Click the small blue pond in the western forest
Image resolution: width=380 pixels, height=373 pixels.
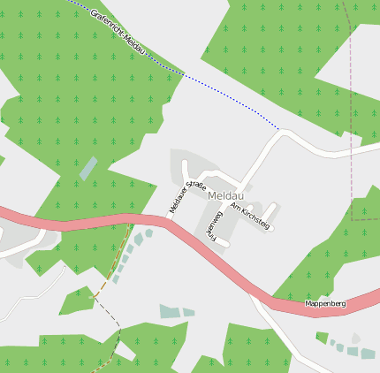coord(88,168)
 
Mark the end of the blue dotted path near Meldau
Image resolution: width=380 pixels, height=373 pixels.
coord(280,130)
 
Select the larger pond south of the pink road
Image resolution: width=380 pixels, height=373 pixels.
coord(169,311)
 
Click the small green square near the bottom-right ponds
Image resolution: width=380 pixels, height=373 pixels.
coord(322,337)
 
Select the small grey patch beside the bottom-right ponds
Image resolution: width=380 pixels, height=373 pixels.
coord(355,338)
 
